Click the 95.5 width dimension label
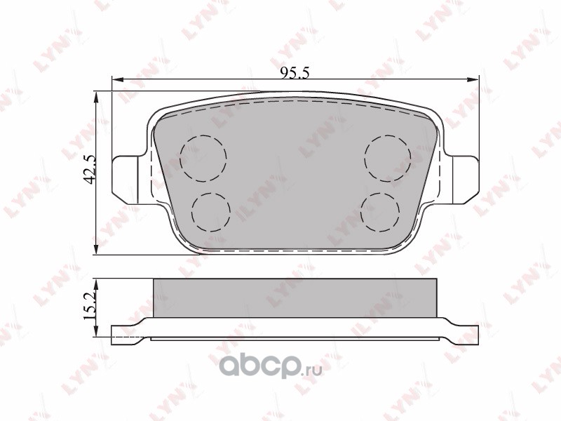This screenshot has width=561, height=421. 295,73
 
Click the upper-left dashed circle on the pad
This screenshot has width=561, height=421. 203,158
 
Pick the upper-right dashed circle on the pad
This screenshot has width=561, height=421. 388,158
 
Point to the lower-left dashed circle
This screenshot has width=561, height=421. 211,213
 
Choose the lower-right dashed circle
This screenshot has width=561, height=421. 380,213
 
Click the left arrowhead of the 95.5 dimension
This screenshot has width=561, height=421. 117,79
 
